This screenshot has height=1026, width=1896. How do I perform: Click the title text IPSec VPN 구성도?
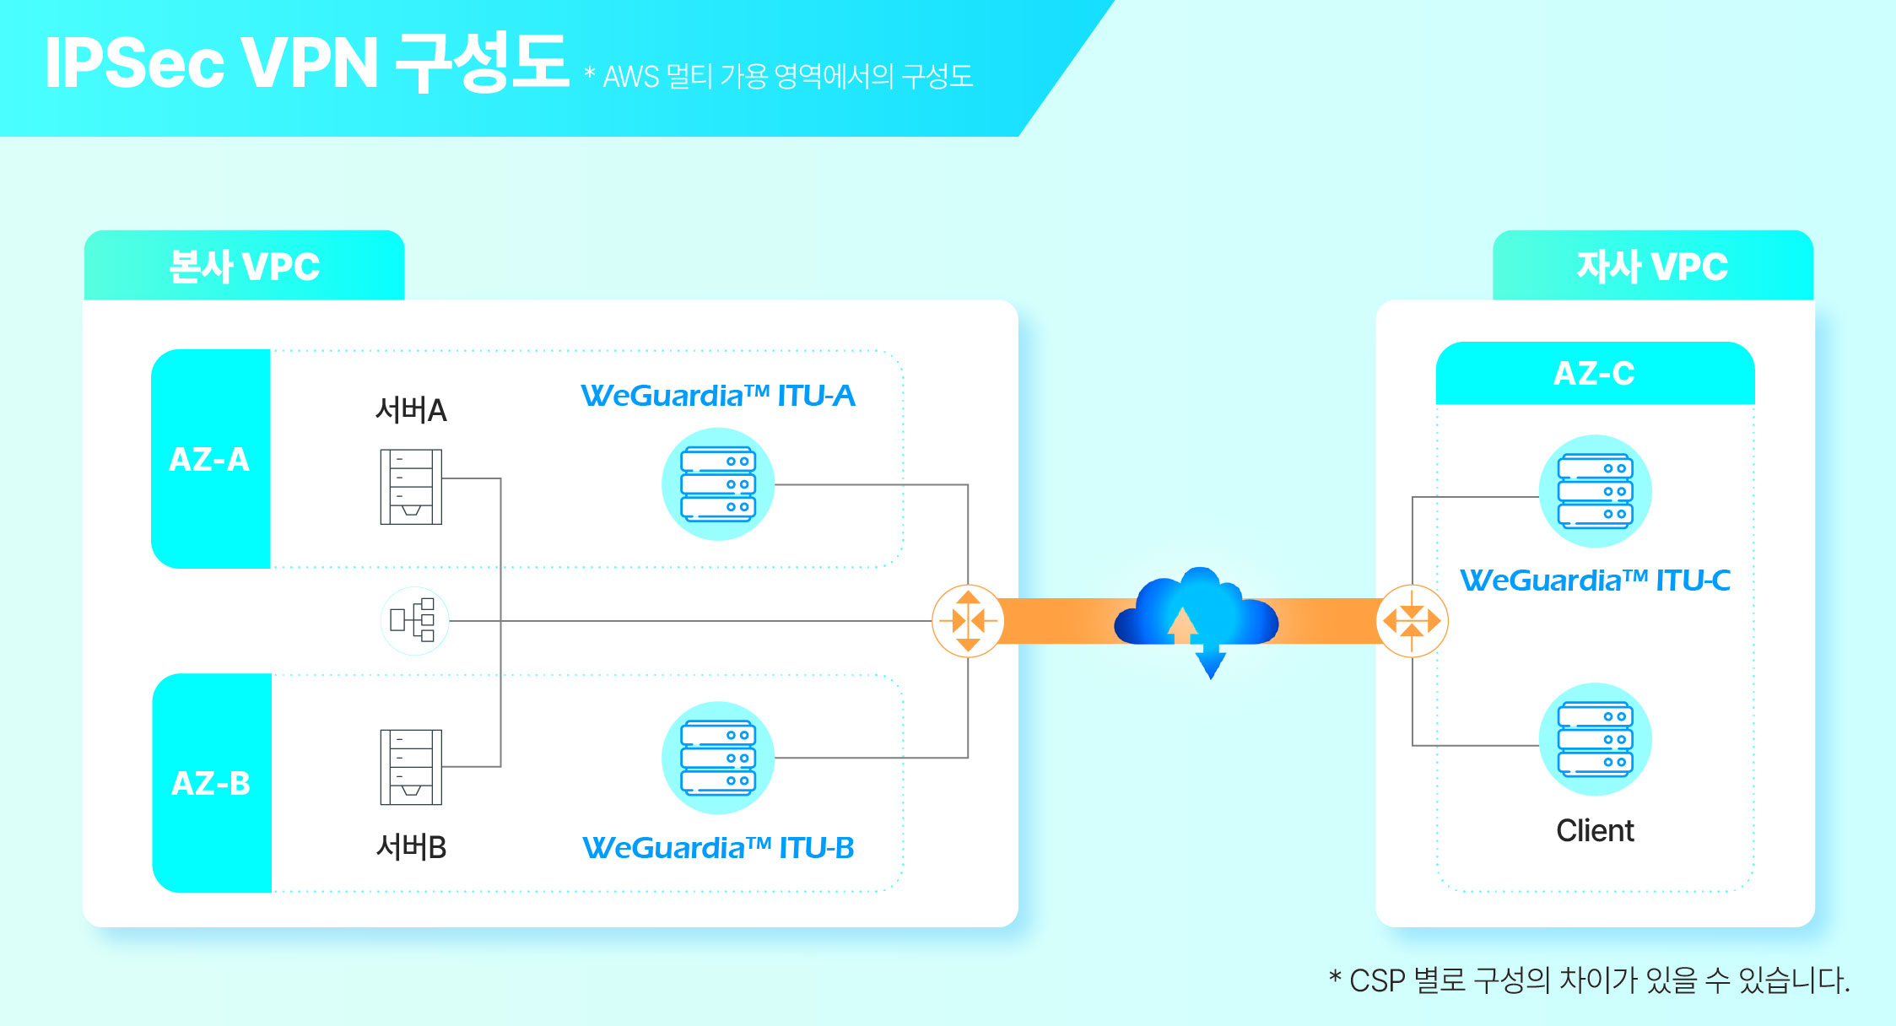click(x=306, y=62)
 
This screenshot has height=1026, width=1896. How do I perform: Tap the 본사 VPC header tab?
click(x=245, y=265)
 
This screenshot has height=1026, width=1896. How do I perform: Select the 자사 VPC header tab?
click(x=1653, y=265)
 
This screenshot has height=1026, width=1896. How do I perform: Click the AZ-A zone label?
click(x=210, y=459)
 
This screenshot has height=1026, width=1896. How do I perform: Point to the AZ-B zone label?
click(x=212, y=783)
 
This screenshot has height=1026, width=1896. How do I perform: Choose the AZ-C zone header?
click(x=1595, y=373)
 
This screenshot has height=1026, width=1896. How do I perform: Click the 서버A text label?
click(x=411, y=410)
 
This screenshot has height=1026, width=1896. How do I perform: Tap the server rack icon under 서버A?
click(x=411, y=487)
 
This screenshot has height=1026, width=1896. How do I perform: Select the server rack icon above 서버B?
click(x=411, y=767)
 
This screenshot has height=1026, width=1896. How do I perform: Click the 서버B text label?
click(x=411, y=846)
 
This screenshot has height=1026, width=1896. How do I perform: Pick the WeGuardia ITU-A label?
click(x=718, y=396)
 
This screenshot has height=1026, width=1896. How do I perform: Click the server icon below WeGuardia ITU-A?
click(x=718, y=484)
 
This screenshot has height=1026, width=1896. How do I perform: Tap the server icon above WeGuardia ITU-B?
click(x=718, y=758)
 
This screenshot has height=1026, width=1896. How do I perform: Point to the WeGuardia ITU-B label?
click(x=718, y=848)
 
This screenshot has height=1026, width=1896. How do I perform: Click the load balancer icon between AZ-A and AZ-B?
click(x=414, y=621)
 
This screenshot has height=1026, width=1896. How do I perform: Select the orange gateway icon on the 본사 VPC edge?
click(x=968, y=621)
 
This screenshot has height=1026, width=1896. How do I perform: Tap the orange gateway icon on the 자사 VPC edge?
click(x=1413, y=621)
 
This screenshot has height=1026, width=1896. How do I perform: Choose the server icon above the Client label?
click(x=1596, y=739)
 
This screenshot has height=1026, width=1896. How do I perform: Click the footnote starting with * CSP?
click(x=1590, y=980)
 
